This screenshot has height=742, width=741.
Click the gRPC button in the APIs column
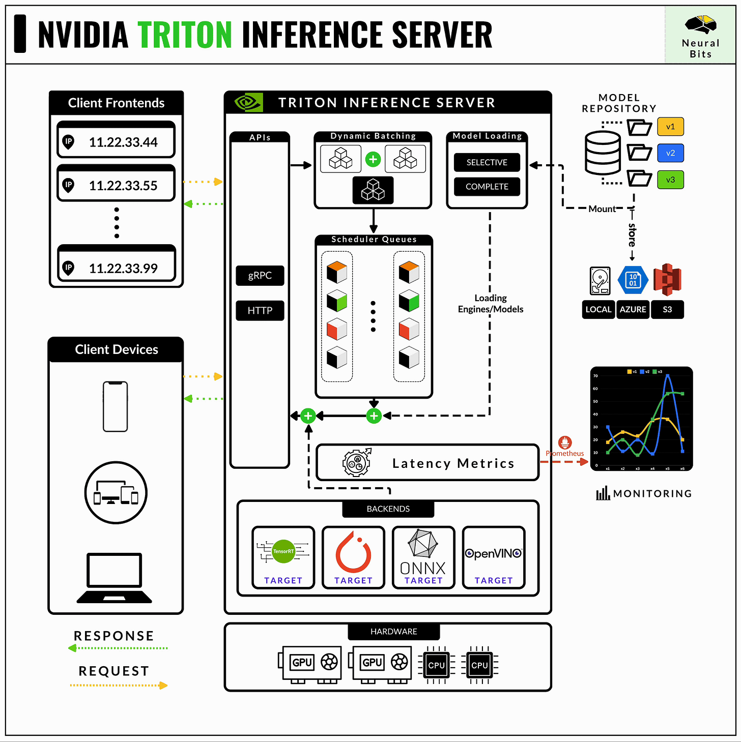tap(260, 276)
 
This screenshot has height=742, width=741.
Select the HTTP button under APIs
tap(260, 310)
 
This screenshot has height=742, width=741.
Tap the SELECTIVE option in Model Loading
tap(487, 162)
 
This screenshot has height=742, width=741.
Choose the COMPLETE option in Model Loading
tap(487, 187)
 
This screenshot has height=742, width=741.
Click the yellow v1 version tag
tap(670, 127)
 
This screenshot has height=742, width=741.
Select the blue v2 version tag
tap(670, 153)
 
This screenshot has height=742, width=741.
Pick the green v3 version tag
tap(670, 180)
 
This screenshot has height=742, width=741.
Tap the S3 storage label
tap(667, 309)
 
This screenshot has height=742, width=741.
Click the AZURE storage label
tap(633, 309)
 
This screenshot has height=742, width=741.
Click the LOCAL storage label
tap(598, 309)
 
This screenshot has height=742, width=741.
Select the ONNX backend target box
tap(423, 557)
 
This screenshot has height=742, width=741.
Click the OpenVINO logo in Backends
tap(493, 553)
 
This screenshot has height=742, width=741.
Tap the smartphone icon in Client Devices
tap(116, 406)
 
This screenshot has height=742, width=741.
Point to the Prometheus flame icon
tap(565, 442)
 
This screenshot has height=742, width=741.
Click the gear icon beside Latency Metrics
tap(357, 463)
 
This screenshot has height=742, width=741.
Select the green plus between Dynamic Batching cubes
tap(373, 159)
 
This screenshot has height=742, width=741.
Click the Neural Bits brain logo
tap(700, 24)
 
